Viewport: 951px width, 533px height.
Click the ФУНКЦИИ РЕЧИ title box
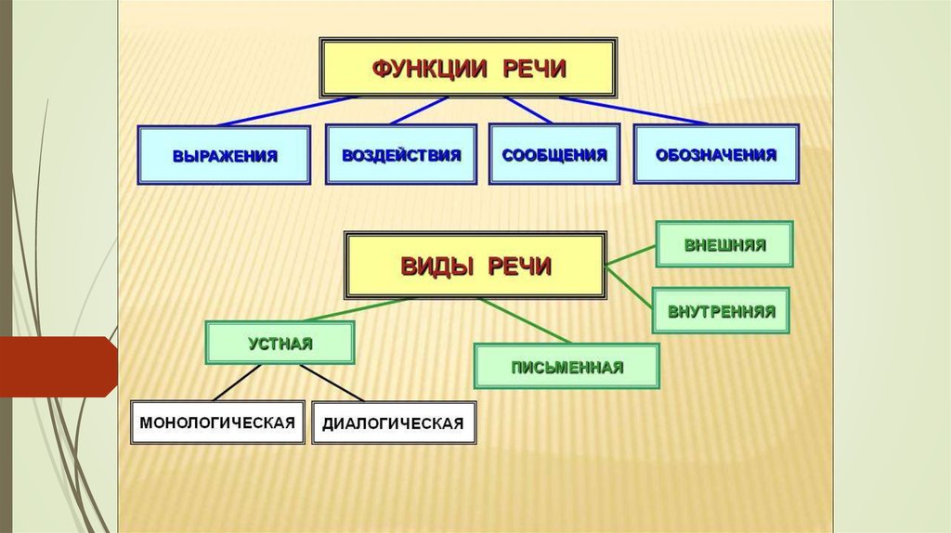point(469,68)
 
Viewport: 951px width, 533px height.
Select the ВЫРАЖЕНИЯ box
point(224,154)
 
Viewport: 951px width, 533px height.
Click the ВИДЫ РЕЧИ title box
point(475,266)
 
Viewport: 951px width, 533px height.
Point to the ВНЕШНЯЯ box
point(724,245)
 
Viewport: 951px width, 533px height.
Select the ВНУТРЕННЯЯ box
point(721,311)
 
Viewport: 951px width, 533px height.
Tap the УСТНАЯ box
point(280,343)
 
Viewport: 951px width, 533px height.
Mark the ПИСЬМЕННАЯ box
point(567,366)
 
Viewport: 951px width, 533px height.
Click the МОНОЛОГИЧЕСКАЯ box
point(217,422)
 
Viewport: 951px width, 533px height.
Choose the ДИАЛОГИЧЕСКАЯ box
point(393,423)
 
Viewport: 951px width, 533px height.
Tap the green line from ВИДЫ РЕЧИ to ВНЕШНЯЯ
point(632,256)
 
